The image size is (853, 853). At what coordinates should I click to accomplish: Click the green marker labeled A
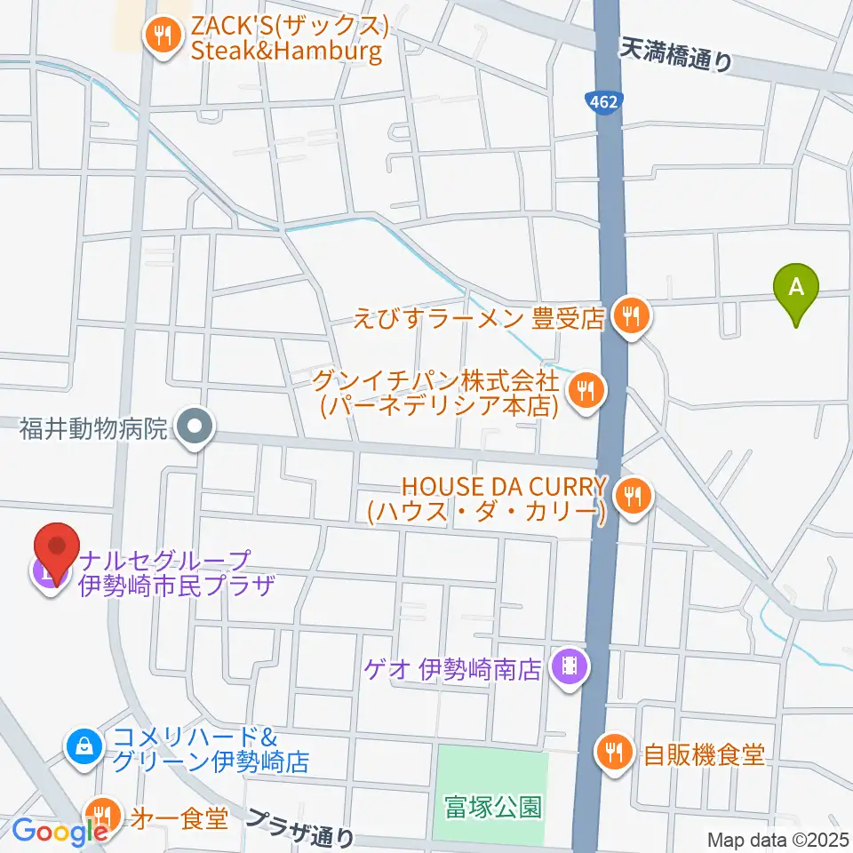[797, 289]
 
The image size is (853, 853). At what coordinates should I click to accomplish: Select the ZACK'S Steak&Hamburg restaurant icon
[162, 35]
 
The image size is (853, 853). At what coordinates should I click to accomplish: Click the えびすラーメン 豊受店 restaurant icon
[631, 315]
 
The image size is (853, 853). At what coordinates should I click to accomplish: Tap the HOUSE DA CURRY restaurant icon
[632, 493]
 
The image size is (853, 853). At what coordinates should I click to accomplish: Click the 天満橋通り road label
[677, 55]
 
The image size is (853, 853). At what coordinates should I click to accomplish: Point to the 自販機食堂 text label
[704, 755]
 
